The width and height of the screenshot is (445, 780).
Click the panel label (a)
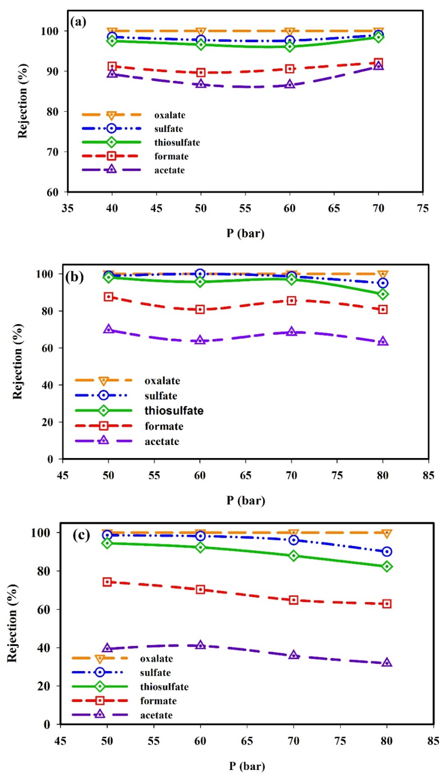(78, 22)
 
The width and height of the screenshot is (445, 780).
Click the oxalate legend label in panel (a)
(170, 115)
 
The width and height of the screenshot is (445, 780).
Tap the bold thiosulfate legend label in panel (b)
(174, 411)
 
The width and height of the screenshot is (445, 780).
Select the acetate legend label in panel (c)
(156, 715)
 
